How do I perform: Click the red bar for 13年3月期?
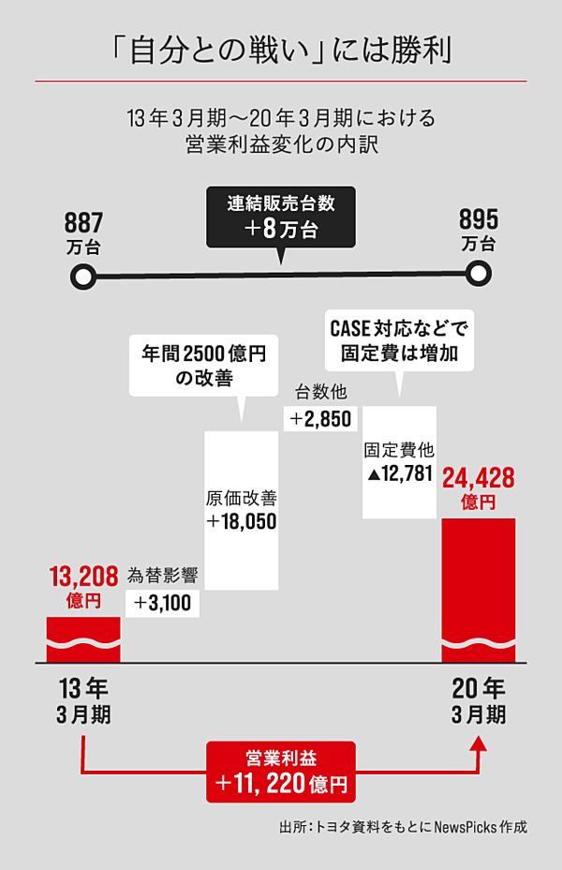(x=83, y=639)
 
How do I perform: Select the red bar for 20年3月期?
(x=479, y=591)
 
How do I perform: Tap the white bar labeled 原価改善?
(x=241, y=510)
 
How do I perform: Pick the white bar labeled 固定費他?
(x=399, y=462)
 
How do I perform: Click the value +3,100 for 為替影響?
(x=162, y=603)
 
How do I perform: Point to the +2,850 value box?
(x=320, y=419)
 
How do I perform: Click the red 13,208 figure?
(x=83, y=577)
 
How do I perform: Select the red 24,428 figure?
(x=479, y=478)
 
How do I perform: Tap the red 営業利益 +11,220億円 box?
(x=281, y=772)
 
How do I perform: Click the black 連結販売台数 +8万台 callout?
(x=281, y=217)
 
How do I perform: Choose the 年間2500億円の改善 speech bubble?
(x=204, y=366)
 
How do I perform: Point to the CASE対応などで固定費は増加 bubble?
(x=399, y=340)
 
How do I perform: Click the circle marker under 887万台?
(x=83, y=277)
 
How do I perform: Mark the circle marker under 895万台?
(x=479, y=274)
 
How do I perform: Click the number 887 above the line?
(x=83, y=223)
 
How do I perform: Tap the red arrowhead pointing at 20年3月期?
(x=479, y=743)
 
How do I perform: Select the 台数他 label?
(x=321, y=392)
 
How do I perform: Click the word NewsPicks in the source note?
(x=465, y=827)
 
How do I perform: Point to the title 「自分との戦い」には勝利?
(x=281, y=51)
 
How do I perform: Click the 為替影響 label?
(x=162, y=576)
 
